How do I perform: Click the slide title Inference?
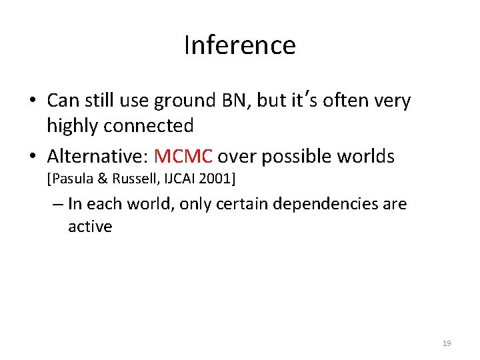[x=239, y=45]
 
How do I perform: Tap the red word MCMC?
[x=183, y=157]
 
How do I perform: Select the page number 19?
[x=446, y=343]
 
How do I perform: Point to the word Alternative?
[x=97, y=157]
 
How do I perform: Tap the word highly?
[x=71, y=125]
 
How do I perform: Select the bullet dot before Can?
[x=33, y=101]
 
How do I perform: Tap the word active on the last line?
[x=90, y=227]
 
